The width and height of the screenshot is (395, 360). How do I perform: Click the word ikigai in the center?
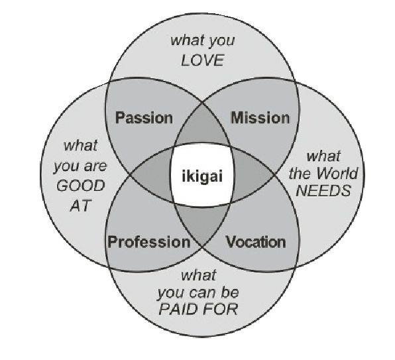pyautogui.click(x=202, y=176)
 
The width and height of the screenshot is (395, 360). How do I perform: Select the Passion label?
pyautogui.click(x=144, y=118)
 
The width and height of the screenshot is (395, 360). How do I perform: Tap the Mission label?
pyautogui.click(x=260, y=118)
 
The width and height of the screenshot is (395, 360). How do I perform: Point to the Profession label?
pyautogui.click(x=149, y=242)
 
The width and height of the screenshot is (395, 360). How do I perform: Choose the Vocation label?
pyautogui.click(x=255, y=242)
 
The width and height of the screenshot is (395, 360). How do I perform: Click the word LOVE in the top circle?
pyautogui.click(x=203, y=60)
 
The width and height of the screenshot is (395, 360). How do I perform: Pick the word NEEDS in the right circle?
pyautogui.click(x=323, y=191)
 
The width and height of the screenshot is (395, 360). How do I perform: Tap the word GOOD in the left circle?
pyautogui.click(x=80, y=186)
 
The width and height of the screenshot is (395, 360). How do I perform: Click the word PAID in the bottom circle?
pyautogui.click(x=178, y=309)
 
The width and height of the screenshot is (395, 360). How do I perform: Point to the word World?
pyautogui.click(x=337, y=173)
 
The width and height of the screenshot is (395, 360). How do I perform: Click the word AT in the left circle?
pyautogui.click(x=80, y=206)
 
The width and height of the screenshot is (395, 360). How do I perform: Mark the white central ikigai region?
pyautogui.click(x=202, y=174)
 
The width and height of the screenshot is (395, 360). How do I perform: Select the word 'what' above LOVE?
pyautogui.click(x=186, y=40)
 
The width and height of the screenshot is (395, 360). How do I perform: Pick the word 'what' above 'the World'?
pyautogui.click(x=323, y=156)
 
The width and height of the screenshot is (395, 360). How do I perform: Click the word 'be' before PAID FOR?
pyautogui.click(x=230, y=292)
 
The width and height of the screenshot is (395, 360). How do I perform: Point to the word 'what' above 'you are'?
pyautogui.click(x=80, y=146)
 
